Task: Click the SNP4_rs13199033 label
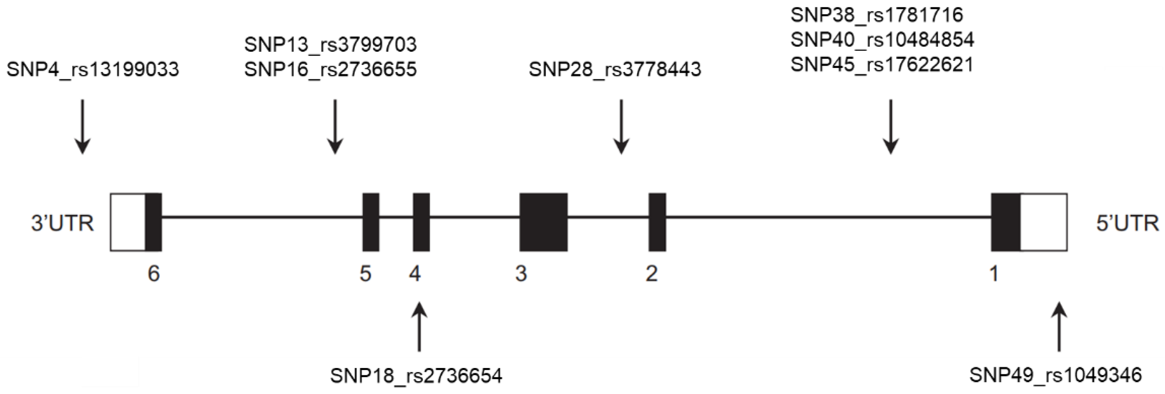tap(93, 70)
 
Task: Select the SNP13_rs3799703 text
tap(330, 45)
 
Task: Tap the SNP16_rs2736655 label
tap(330, 70)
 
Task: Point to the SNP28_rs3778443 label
tap(615, 70)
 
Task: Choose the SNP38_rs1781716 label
tap(876, 16)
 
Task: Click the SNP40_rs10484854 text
tap(882, 40)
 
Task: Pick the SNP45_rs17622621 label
tap(881, 65)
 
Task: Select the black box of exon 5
tap(371, 222)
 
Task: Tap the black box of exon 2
tap(657, 222)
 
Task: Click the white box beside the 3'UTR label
tap(128, 222)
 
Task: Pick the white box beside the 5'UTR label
tap(1043, 222)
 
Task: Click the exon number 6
tap(154, 274)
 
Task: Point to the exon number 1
tap(994, 274)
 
